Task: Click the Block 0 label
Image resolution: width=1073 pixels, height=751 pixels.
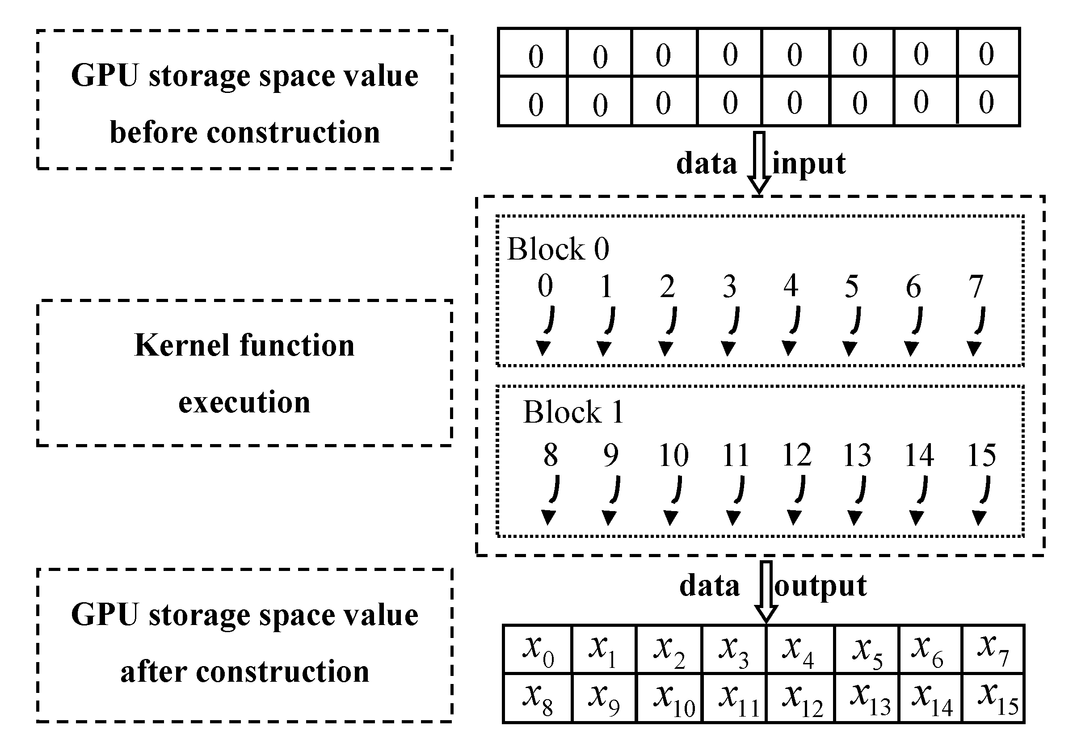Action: click(x=558, y=249)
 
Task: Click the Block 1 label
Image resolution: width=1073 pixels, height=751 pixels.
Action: click(x=573, y=413)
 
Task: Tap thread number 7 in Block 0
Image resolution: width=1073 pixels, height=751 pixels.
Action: click(x=975, y=286)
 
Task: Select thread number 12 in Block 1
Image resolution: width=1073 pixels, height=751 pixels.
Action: click(x=796, y=455)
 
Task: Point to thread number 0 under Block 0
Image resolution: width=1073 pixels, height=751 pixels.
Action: click(x=545, y=286)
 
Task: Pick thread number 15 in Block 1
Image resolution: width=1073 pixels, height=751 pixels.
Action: click(x=981, y=455)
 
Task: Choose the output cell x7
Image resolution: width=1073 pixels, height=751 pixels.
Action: click(x=993, y=650)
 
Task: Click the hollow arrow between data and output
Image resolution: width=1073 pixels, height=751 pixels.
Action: click(x=766, y=591)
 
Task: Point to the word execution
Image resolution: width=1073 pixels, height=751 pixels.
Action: click(x=244, y=403)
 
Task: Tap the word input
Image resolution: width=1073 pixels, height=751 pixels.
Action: click(x=809, y=164)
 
